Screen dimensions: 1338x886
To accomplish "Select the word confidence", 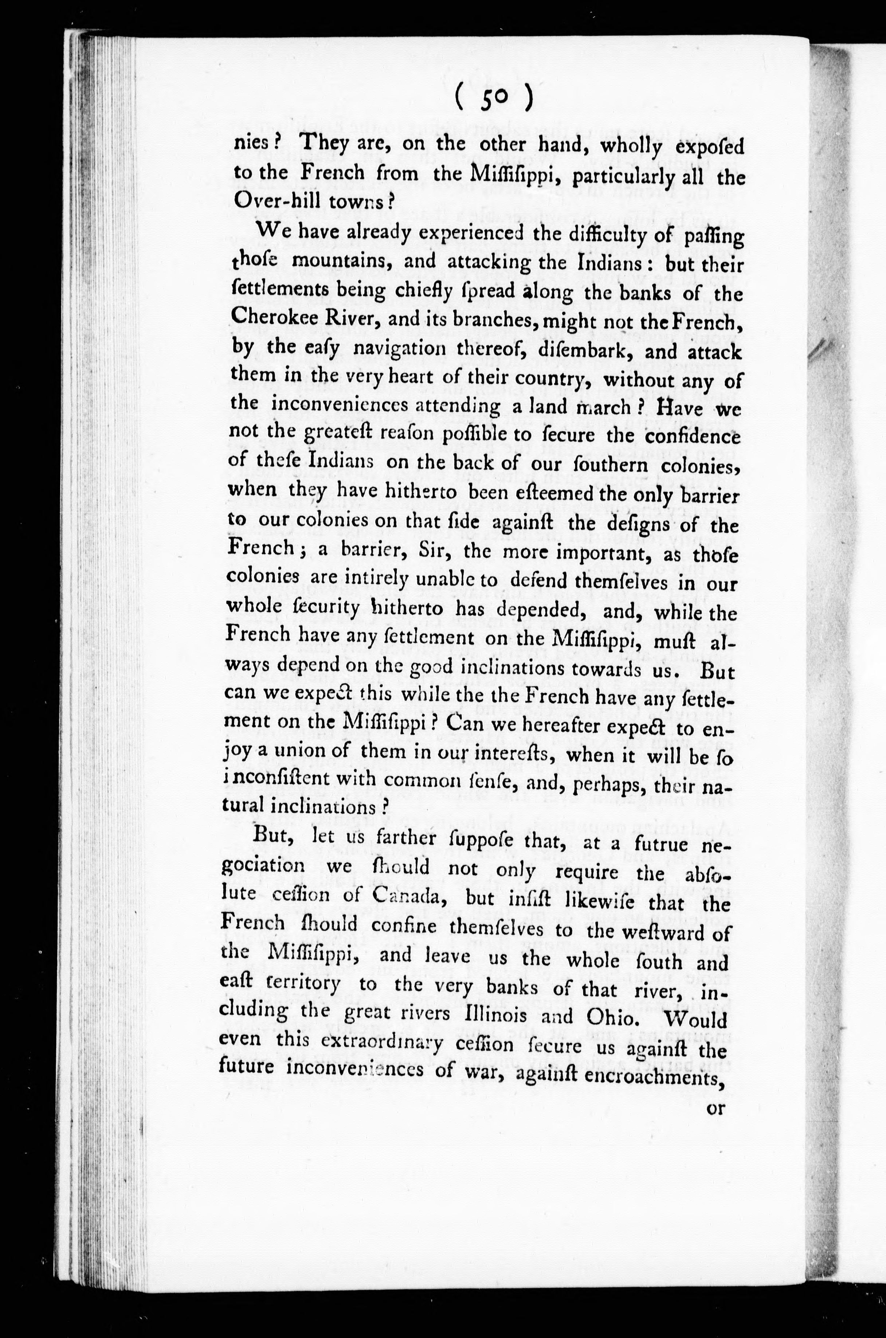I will click(693, 437).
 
